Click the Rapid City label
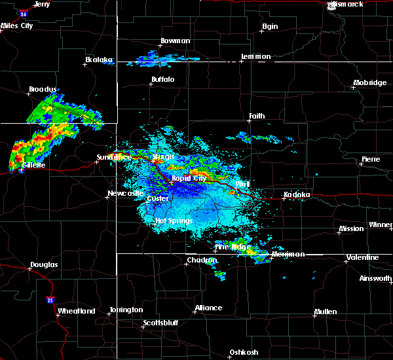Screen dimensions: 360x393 (x=189, y=178)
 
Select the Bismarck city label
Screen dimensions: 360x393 (x=348, y=5)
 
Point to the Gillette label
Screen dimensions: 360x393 (x=33, y=166)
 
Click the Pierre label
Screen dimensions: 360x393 (x=370, y=160)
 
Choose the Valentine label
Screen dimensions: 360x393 (x=362, y=257)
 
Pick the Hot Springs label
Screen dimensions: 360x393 (x=174, y=221)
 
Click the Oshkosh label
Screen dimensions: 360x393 (x=243, y=353)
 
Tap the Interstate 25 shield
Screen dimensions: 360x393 (x=50, y=300)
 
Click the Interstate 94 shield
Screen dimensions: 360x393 (x=24, y=13)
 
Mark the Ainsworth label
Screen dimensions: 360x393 (x=377, y=279)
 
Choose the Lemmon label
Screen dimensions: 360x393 (x=255, y=57)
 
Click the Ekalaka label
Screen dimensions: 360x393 (x=99, y=60)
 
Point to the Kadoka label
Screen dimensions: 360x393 (x=296, y=195)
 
